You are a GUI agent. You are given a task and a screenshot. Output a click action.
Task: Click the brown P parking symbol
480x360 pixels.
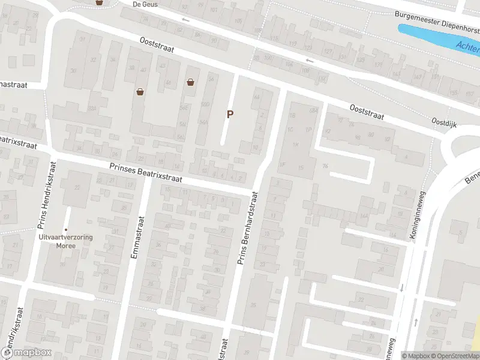pos(229,114)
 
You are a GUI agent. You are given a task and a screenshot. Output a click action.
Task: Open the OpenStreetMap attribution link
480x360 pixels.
pos(455,356)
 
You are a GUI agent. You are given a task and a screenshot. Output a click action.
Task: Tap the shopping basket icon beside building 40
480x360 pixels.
pos(140,92)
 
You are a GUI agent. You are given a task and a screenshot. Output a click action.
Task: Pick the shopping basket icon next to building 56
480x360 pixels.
pos(191,82)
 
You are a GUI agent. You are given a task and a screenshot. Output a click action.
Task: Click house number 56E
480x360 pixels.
pos(184,106)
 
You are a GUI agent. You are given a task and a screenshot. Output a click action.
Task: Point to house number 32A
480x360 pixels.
pos(92,109)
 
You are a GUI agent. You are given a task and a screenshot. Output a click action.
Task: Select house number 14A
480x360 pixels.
pos(363,217)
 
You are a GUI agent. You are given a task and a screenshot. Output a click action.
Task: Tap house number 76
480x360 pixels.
pos(326,166)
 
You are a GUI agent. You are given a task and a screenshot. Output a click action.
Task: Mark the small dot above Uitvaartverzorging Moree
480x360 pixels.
pos(66,230)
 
